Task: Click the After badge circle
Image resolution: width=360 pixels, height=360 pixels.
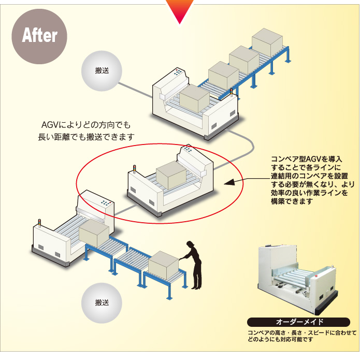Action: click(39, 35)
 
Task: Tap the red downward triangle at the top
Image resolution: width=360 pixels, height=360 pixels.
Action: click(179, 10)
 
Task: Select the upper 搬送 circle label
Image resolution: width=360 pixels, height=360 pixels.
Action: click(102, 71)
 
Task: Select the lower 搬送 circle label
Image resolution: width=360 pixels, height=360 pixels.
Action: click(102, 302)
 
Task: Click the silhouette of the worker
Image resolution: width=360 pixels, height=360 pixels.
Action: click(193, 264)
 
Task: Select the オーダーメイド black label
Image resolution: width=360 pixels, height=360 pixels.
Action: click(295, 322)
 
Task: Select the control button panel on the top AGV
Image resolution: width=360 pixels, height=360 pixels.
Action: click(180, 73)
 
